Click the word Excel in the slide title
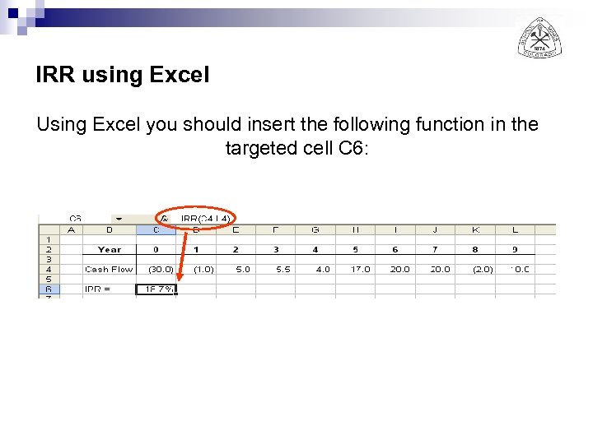pyautogui.click(x=180, y=76)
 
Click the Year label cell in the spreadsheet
pyautogui.click(x=109, y=249)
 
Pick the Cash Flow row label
pyautogui.click(x=109, y=269)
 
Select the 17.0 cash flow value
pyautogui.click(x=360, y=269)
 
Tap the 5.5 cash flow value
pyautogui.click(x=282, y=269)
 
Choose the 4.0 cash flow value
pyautogui.click(x=322, y=269)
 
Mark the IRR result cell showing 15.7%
pyautogui.click(x=156, y=289)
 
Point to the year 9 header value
pyautogui.click(x=515, y=249)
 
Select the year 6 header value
pyautogui.click(x=395, y=249)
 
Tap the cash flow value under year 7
pyautogui.click(x=440, y=269)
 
